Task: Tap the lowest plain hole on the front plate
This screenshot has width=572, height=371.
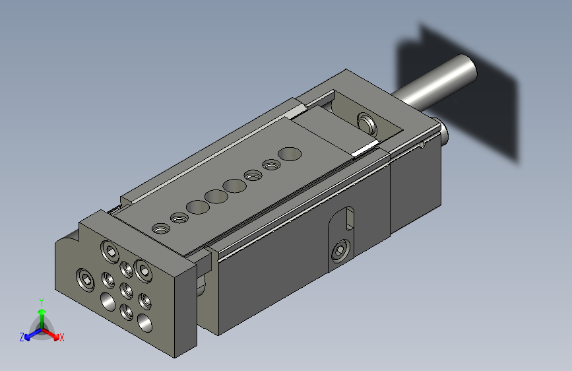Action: [143, 323]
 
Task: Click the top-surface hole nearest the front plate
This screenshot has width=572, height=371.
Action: [160, 229]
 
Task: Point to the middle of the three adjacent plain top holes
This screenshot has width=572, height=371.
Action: [214, 196]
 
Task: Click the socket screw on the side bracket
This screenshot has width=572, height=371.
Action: [340, 250]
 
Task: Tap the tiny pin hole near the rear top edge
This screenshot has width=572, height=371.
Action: [422, 144]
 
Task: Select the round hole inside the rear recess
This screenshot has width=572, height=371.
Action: [364, 122]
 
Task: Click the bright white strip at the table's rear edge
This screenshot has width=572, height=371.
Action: [365, 149]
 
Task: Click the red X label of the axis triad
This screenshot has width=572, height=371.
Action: [62, 338]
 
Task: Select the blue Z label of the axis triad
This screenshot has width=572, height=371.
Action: [22, 337]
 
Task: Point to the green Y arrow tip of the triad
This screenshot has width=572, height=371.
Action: [42, 311]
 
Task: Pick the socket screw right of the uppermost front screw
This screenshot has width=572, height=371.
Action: [143, 267]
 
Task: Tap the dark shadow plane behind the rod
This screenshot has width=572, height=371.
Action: [488, 99]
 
